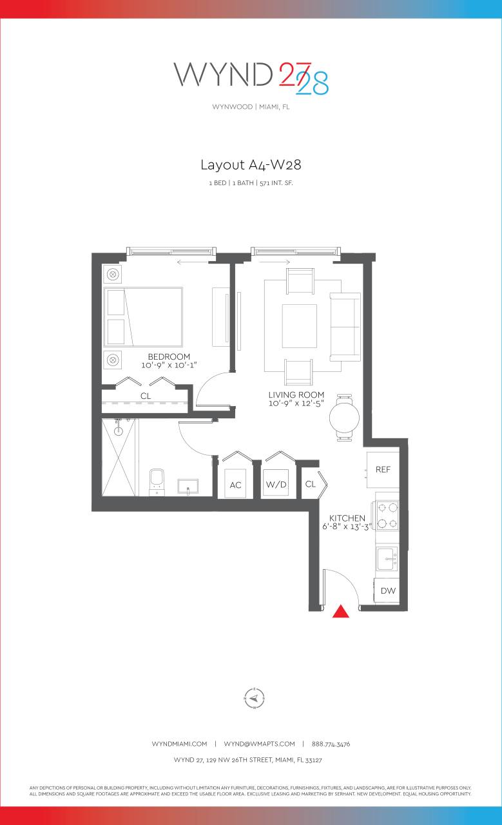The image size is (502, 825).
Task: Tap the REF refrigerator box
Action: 383,470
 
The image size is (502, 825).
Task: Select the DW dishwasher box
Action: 388,590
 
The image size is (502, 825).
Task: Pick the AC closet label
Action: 235,485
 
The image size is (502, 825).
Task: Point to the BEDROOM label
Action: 169,356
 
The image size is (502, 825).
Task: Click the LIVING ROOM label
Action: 296,394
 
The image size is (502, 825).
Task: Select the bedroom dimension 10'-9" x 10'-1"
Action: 169,365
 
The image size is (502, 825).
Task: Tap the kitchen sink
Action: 387,558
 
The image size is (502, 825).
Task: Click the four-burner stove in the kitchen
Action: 387,516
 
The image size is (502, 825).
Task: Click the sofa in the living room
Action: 346,327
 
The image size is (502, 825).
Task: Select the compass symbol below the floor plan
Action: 255,697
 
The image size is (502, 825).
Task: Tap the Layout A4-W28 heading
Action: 251,165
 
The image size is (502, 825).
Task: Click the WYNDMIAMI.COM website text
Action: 179,744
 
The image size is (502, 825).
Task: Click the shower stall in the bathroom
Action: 120,457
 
